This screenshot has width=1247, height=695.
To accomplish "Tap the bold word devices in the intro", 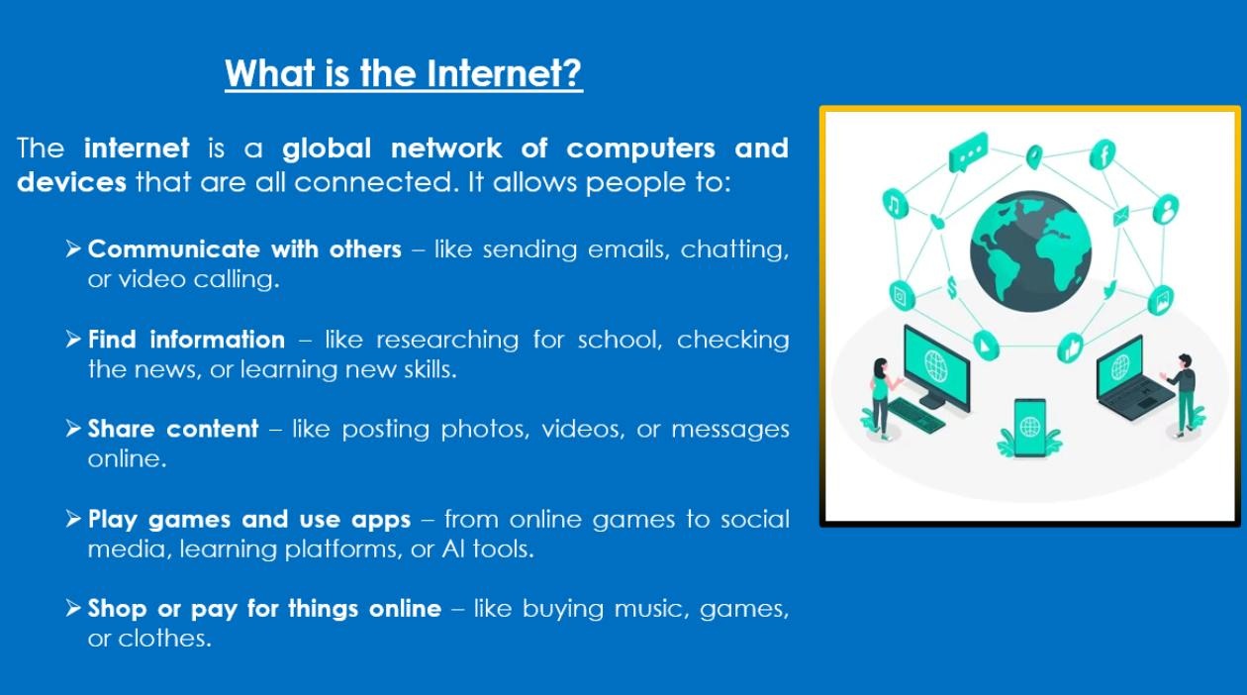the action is tap(72, 182).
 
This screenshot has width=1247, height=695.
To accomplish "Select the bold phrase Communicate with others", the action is tap(244, 248).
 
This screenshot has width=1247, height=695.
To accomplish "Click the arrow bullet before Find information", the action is tap(73, 339).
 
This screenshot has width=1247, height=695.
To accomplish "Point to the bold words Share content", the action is tap(173, 429).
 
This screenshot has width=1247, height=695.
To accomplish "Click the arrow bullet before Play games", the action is tap(73, 519).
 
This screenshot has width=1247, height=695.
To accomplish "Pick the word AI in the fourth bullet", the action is tap(453, 549).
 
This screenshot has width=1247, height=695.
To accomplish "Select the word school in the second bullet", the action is tap(620, 340).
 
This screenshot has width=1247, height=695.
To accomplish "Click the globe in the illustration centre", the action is tap(1030, 250).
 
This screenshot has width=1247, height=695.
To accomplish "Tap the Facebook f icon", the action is tap(1103, 154).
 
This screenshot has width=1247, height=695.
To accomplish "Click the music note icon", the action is tap(895, 204).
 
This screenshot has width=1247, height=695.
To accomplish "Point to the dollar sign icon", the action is tap(952, 288).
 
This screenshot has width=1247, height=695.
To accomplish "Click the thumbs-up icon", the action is tap(1070, 348).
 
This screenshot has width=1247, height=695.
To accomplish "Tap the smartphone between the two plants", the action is tap(1030, 428).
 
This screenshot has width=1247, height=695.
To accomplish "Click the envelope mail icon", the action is tap(1120, 216).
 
